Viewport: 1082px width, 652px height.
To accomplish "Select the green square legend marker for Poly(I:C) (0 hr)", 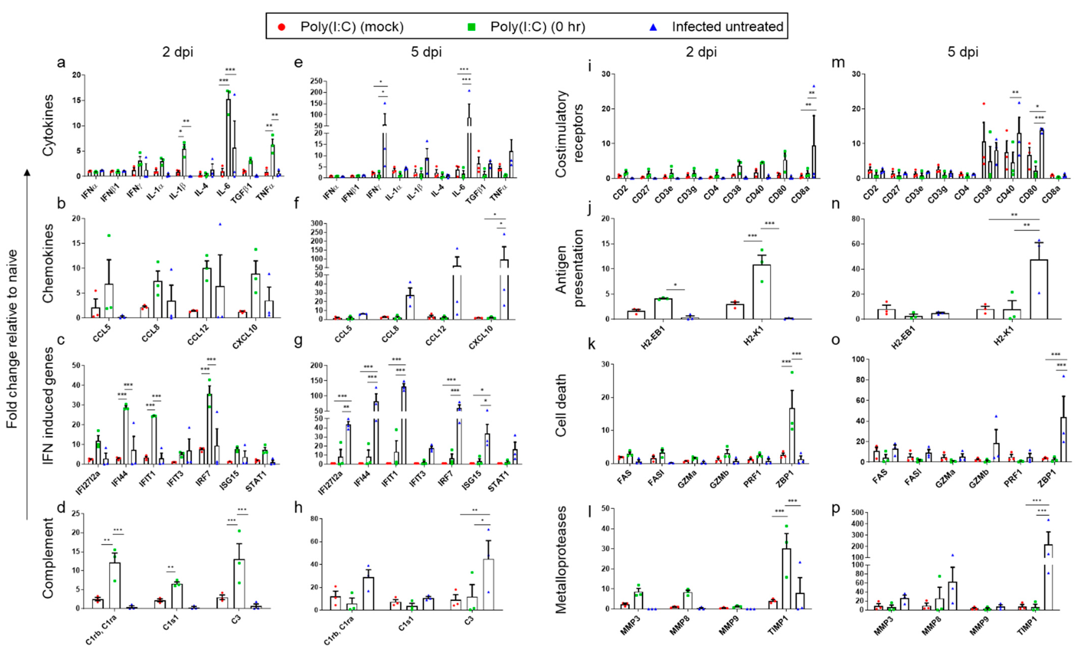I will [471, 27].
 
